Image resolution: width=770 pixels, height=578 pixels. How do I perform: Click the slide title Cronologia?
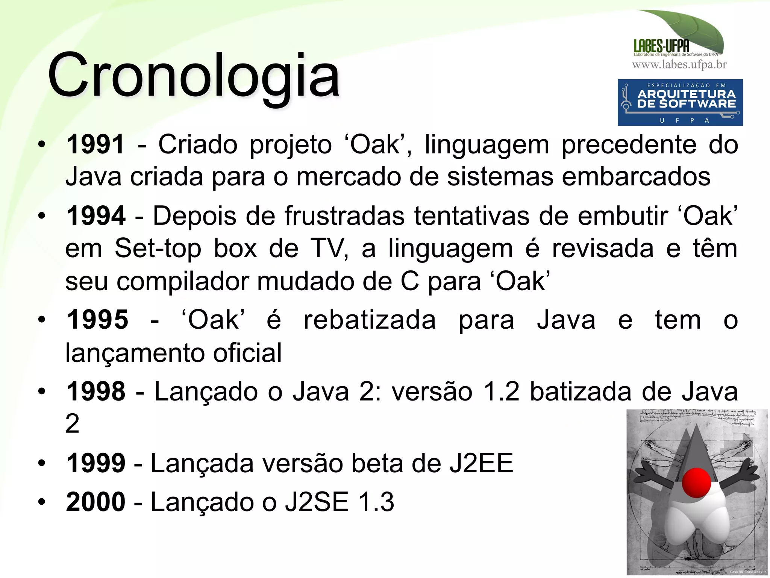point(194,75)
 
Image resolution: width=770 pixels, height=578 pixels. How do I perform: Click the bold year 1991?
point(95,144)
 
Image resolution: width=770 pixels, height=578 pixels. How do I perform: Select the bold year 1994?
point(95,216)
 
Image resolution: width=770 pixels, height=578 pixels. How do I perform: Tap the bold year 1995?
point(97,320)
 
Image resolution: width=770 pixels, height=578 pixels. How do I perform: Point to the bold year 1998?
point(95,391)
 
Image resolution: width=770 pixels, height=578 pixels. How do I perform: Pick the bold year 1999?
point(95,463)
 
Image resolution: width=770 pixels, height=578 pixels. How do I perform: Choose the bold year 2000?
point(95,502)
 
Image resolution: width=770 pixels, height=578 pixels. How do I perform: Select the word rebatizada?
point(370,320)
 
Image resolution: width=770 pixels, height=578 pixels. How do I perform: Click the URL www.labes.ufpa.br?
point(679,65)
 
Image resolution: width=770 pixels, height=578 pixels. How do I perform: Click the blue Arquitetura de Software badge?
point(680,102)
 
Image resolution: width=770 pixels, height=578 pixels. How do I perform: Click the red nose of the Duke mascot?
point(696,483)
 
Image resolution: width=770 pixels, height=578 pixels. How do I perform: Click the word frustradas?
point(344,216)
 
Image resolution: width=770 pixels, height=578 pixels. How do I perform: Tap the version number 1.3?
point(376,502)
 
